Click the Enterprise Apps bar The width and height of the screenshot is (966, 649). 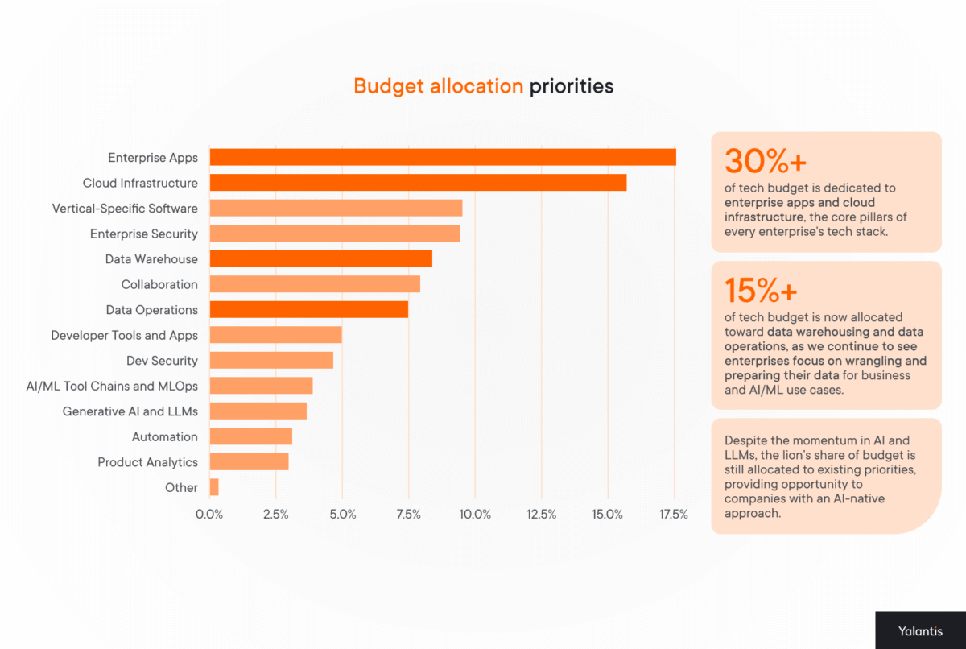442,157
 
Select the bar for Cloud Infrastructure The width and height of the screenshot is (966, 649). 418,183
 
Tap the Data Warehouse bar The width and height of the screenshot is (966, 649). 320,258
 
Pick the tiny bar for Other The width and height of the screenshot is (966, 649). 214,487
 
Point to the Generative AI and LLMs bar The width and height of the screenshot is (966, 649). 258,411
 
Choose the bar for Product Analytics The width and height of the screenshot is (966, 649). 249,461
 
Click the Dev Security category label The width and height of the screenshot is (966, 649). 162,361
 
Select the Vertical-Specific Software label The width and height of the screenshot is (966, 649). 125,209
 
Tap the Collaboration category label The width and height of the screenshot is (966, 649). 159,284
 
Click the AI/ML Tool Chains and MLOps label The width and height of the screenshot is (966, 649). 112,386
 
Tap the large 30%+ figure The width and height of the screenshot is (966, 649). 765,162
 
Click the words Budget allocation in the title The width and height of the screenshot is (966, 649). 438,86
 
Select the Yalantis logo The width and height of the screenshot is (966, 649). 920,630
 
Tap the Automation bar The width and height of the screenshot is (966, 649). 250,436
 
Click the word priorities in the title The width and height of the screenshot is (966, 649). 571,86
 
